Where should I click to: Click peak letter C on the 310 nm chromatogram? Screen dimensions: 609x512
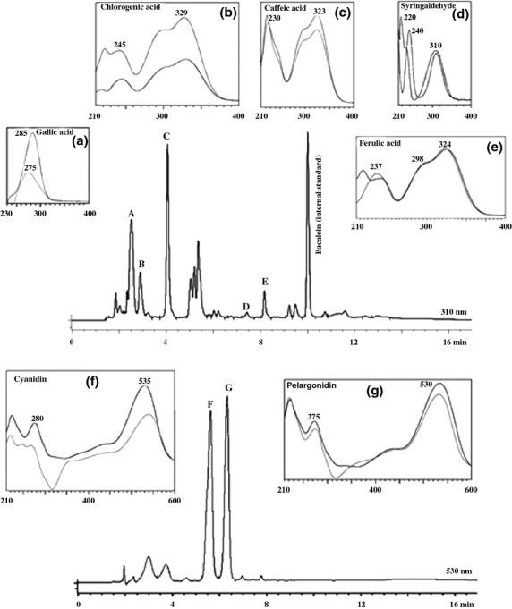[x=166, y=137]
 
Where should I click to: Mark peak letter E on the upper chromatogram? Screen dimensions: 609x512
[x=265, y=282]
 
